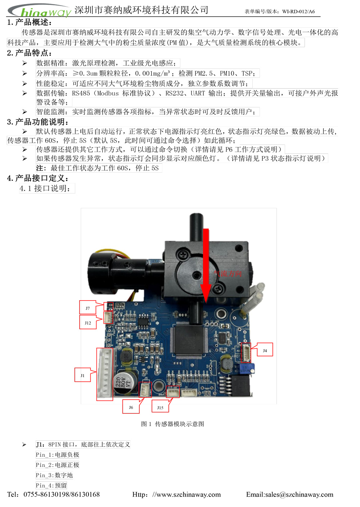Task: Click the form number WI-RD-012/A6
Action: tap(298, 12)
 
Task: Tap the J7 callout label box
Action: tap(88, 307)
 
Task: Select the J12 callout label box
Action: tap(88, 322)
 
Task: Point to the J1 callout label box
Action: tap(82, 375)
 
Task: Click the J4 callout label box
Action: tap(265, 350)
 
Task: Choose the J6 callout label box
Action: tap(131, 406)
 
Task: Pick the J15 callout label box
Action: tap(160, 406)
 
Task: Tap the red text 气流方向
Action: tap(228, 273)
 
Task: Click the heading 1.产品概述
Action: tap(30, 22)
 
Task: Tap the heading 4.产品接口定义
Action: tap(38, 178)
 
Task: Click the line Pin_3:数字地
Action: tap(54, 475)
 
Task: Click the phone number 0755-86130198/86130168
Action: tap(62, 494)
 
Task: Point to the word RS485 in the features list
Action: tap(81, 93)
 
